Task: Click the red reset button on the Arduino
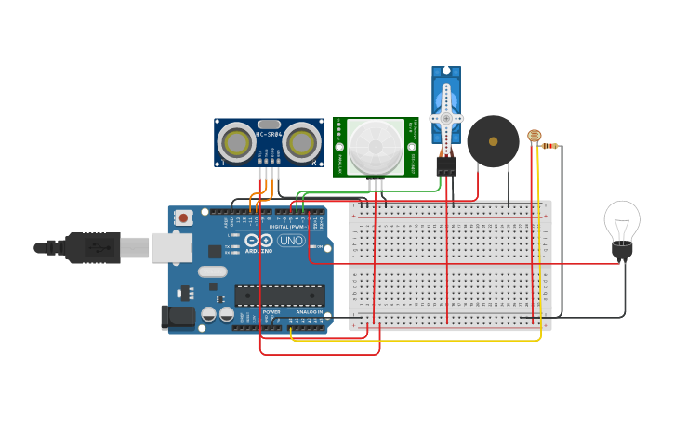184,217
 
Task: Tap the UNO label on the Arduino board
291,241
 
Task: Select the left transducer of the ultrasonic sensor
235,143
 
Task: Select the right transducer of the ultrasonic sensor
301,143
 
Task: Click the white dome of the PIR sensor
376,145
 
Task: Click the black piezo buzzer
493,141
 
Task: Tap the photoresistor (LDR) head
534,136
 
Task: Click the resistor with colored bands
549,145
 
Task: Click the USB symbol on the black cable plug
95,247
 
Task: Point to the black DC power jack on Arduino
178,317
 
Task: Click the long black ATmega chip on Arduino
279,295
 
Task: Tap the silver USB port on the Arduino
172,247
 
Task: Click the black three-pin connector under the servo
446,165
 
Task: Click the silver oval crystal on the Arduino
212,272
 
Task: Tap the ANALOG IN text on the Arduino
310,312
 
